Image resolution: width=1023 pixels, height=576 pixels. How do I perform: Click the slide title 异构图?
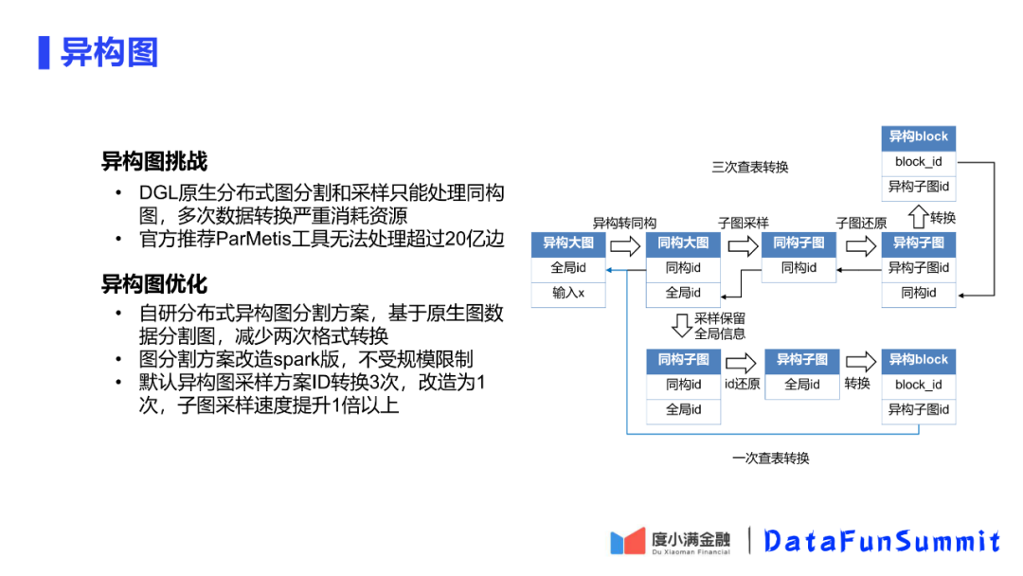(x=109, y=52)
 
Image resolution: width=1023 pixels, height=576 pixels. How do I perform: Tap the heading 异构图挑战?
(x=154, y=161)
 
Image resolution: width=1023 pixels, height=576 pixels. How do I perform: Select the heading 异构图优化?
(x=154, y=283)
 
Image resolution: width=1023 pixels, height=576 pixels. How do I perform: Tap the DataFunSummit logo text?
(x=882, y=541)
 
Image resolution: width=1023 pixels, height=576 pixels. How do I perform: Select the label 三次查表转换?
(x=750, y=168)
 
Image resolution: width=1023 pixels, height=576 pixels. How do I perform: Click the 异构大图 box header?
(x=568, y=243)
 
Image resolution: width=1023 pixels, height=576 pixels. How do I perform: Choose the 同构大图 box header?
(x=683, y=243)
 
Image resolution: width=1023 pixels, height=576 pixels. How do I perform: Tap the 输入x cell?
(x=568, y=294)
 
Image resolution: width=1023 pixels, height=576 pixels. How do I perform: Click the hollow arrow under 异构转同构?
(x=625, y=246)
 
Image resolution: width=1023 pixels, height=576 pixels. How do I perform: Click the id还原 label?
(x=742, y=385)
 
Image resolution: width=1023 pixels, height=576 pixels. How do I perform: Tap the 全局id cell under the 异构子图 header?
(x=801, y=385)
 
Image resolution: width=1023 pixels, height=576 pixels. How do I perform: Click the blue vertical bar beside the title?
(x=44, y=52)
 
